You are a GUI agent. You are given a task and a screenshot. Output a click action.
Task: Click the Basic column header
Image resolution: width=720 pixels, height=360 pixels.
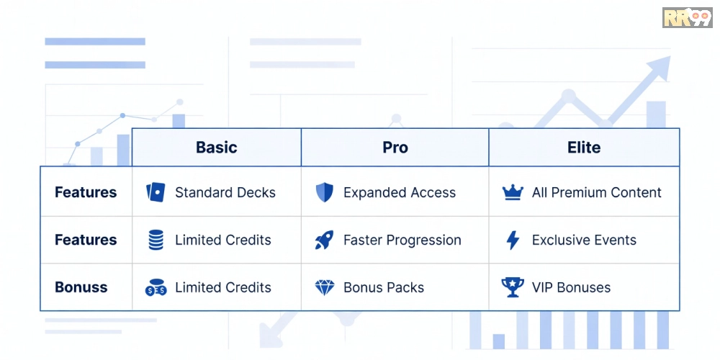tap(216, 148)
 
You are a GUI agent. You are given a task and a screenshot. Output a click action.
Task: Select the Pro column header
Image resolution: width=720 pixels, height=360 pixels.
tap(395, 148)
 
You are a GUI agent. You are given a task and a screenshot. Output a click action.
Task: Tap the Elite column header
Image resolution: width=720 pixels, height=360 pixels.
tap(584, 148)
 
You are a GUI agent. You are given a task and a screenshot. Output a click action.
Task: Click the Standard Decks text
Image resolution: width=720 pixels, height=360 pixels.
tap(225, 192)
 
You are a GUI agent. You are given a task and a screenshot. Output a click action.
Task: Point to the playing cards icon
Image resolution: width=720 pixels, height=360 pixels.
tap(156, 192)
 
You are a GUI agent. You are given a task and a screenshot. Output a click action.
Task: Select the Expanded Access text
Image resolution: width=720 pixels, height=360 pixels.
tap(400, 192)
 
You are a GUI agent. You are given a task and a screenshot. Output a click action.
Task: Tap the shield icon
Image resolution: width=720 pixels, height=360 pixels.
tap(325, 192)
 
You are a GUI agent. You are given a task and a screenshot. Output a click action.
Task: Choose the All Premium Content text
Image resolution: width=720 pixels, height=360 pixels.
tap(596, 192)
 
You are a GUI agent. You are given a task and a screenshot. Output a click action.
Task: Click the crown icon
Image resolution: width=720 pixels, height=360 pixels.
tap(513, 192)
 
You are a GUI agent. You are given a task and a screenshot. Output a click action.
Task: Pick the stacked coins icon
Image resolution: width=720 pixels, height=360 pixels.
tap(156, 240)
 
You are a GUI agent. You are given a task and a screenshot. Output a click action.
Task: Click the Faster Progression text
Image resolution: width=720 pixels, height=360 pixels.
tap(402, 240)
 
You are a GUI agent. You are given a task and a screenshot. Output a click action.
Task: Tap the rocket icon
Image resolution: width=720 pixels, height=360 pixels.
tap(324, 240)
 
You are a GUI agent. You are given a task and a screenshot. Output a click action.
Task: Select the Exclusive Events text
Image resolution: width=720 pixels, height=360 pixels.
tap(584, 240)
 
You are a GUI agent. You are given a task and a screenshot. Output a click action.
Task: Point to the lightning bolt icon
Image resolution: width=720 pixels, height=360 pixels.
tap(513, 240)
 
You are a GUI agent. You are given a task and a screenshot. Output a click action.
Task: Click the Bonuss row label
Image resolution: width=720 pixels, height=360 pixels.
tap(81, 287)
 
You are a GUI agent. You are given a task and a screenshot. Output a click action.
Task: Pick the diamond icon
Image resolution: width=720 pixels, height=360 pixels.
tap(325, 287)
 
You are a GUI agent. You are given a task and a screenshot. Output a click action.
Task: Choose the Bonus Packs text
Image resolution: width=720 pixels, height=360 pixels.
tap(384, 287)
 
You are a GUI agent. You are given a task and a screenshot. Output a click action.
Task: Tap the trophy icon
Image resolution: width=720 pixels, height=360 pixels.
tap(513, 287)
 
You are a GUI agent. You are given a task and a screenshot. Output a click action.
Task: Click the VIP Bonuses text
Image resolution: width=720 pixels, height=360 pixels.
tap(571, 287)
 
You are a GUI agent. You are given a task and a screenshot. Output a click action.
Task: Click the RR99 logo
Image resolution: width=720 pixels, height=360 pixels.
tap(687, 17)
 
